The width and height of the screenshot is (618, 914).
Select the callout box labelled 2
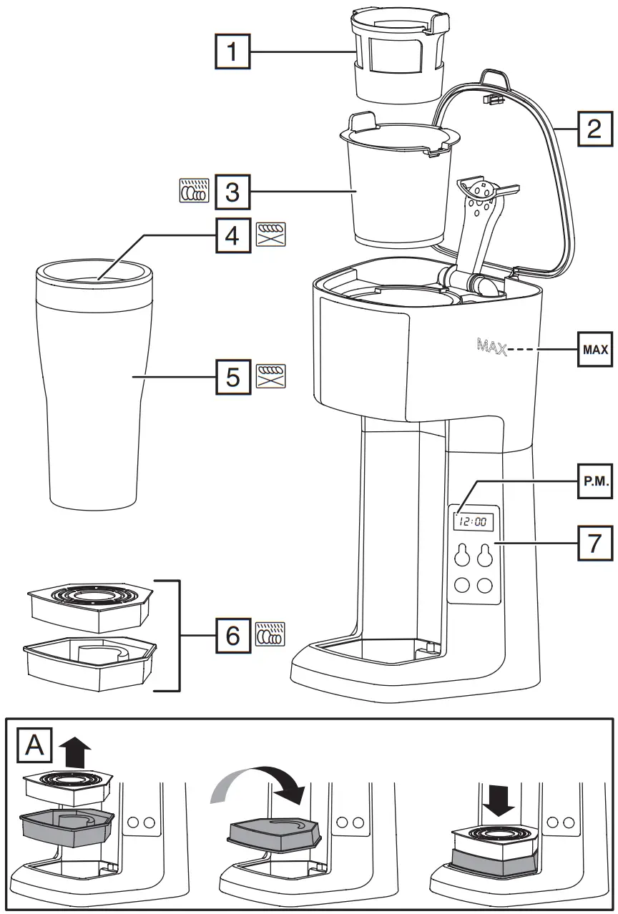click(594, 128)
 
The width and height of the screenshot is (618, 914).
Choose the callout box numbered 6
click(232, 634)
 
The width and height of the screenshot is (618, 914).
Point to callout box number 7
click(594, 544)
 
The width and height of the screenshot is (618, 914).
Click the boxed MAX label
click(594, 350)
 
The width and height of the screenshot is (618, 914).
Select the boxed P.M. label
click(594, 483)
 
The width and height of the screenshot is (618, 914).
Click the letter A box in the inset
click(34, 745)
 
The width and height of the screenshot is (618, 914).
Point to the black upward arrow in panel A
click(76, 753)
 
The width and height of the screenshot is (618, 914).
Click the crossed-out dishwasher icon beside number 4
click(270, 235)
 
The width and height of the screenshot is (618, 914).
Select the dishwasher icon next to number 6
click(270, 634)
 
